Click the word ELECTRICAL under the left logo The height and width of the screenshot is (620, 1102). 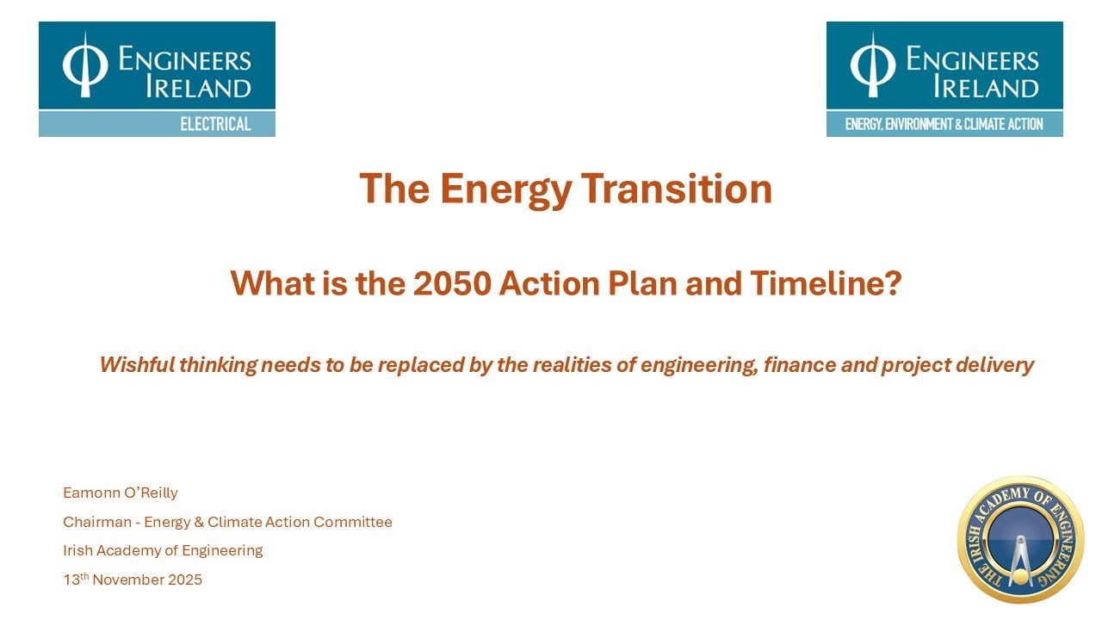(x=215, y=124)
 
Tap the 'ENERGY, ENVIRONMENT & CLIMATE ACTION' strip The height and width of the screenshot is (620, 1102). (x=944, y=124)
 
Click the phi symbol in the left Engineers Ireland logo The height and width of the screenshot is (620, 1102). (x=84, y=65)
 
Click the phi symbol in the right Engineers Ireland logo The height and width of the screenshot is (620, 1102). (x=872, y=65)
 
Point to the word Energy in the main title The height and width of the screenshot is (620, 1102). (x=505, y=189)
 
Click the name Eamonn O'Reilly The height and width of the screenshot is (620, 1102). (x=121, y=493)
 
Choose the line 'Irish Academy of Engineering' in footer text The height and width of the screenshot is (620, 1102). (x=163, y=550)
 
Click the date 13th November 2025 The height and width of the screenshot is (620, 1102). (x=133, y=580)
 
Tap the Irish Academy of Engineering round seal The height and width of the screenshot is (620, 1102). (x=1020, y=540)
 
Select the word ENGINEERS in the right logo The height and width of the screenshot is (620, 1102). (x=972, y=59)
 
